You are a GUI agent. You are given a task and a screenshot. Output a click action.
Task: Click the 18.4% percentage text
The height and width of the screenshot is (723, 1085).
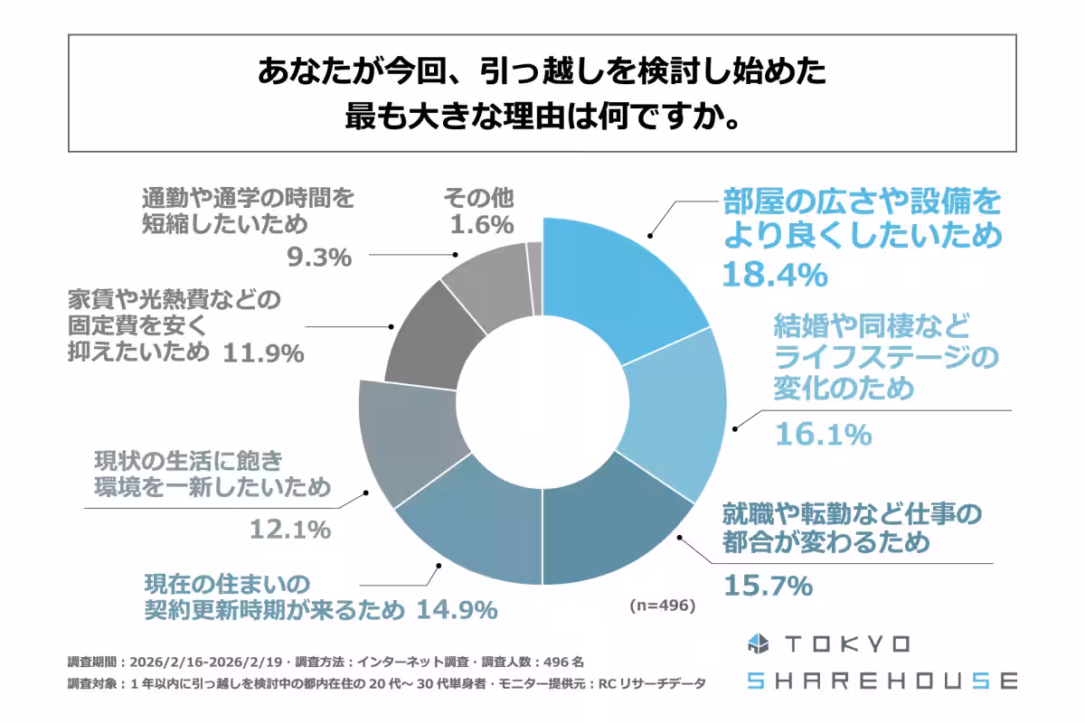774,273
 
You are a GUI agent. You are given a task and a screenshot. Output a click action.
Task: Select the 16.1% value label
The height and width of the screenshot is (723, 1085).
823,435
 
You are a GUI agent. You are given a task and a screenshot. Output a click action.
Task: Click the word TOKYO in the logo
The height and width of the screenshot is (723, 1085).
845,643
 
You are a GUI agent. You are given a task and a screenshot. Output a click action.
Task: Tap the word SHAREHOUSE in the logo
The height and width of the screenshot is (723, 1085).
882,681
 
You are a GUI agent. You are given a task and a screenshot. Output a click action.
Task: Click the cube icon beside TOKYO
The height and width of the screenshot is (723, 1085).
758,643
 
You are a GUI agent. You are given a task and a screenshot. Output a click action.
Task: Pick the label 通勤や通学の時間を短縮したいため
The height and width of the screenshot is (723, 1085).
249,211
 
